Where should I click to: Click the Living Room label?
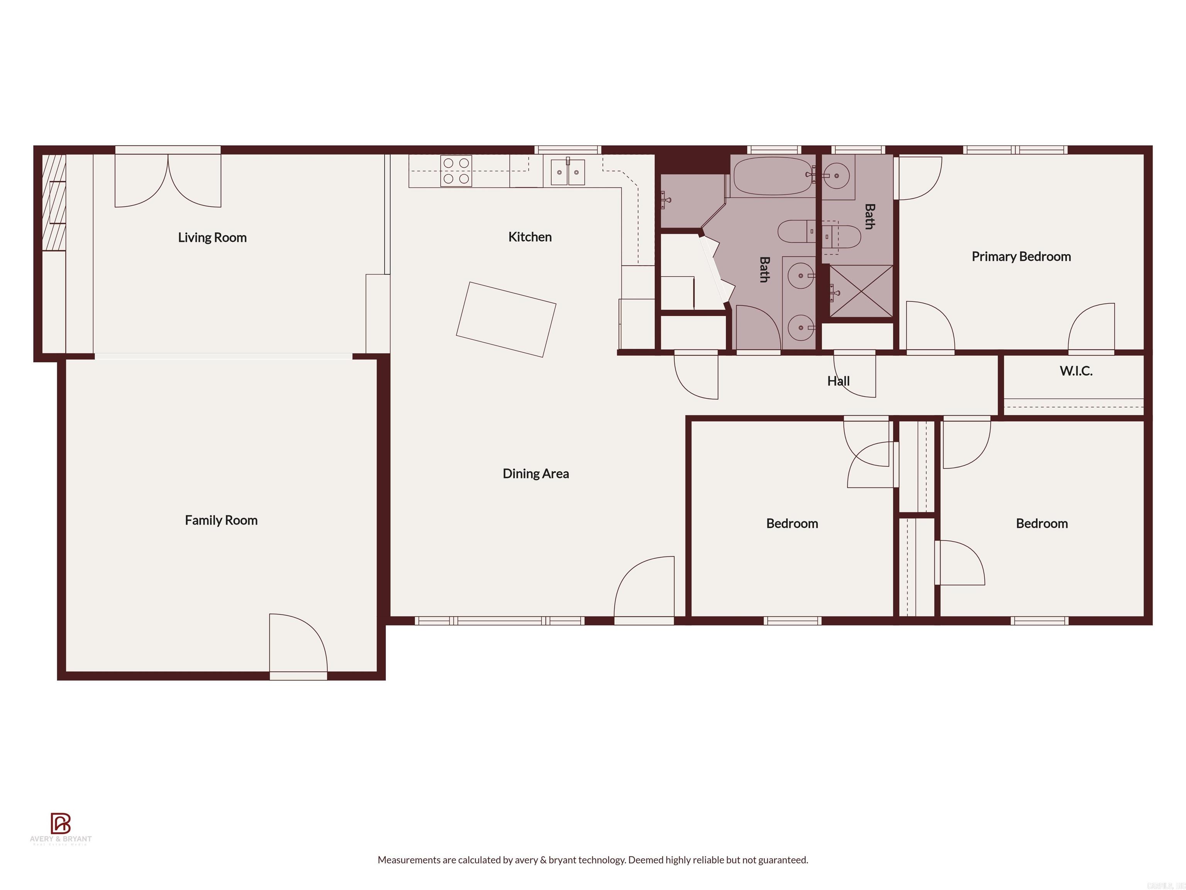(212, 237)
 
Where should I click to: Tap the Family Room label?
(221, 520)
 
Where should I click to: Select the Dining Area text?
(535, 473)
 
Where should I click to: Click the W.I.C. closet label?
(1076, 371)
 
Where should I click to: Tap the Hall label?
(838, 381)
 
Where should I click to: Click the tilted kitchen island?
(506, 319)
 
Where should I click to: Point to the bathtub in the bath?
(773, 176)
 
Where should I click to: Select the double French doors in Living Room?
(168, 181)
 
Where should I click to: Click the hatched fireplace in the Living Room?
(54, 202)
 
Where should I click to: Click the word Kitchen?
(530, 236)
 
